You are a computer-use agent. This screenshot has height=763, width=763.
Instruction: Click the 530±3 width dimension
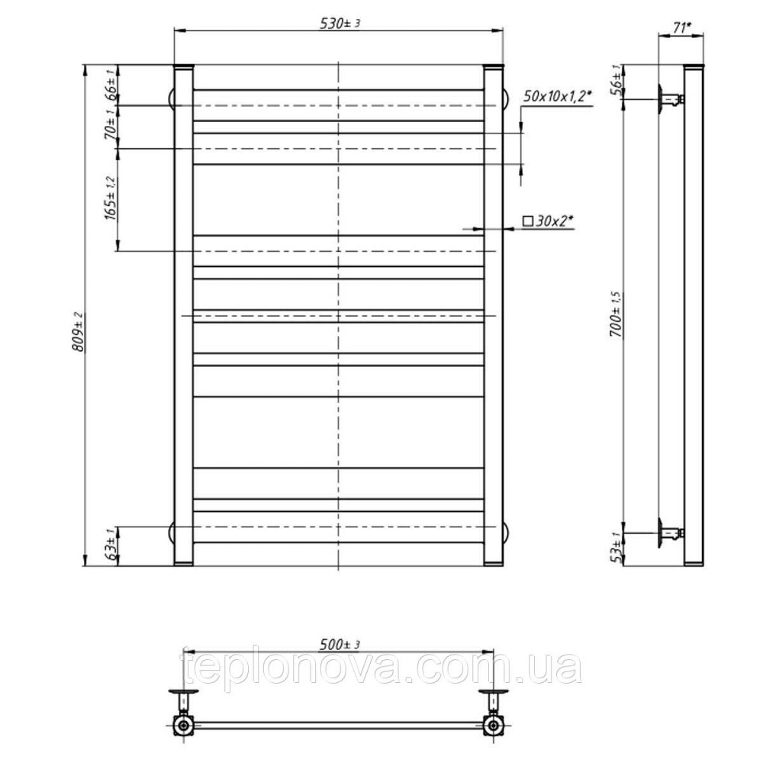pyautogui.click(x=340, y=24)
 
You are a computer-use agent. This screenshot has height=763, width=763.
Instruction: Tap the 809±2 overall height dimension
pyautogui.click(x=79, y=332)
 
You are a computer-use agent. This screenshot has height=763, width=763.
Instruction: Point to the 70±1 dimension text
pyautogui.click(x=111, y=124)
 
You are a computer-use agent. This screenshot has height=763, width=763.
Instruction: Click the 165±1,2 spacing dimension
pyautogui.click(x=111, y=198)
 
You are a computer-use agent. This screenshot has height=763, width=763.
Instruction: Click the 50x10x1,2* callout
pyautogui.click(x=557, y=96)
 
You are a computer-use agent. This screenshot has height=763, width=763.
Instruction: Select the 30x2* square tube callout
pyautogui.click(x=549, y=221)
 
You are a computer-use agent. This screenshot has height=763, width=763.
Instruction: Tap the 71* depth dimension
pyautogui.click(x=681, y=28)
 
